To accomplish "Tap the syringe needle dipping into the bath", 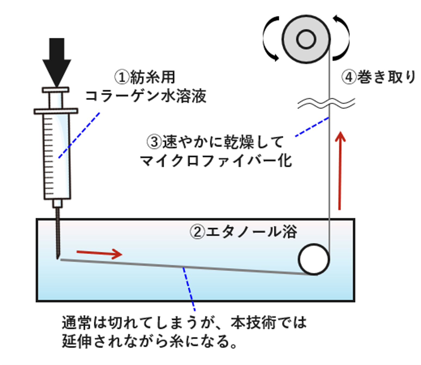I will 58,234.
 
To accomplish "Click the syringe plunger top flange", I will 55,90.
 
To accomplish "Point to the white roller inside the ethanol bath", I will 314,259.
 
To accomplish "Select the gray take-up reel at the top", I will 306,39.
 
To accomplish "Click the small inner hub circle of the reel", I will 306,39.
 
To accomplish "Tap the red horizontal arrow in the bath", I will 99,254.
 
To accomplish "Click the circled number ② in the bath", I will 197,232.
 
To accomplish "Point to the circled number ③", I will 154,142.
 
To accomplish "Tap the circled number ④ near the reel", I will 348,77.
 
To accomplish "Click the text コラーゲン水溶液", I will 146,96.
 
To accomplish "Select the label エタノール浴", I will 251,232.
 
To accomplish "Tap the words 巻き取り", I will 386,77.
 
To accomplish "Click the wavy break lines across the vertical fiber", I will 326,103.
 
